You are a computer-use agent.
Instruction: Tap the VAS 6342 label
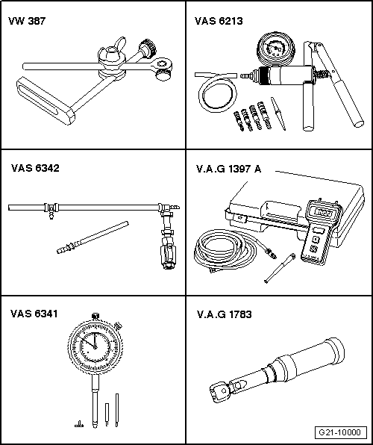coord(34,168)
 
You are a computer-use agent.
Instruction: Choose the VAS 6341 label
coord(34,314)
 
